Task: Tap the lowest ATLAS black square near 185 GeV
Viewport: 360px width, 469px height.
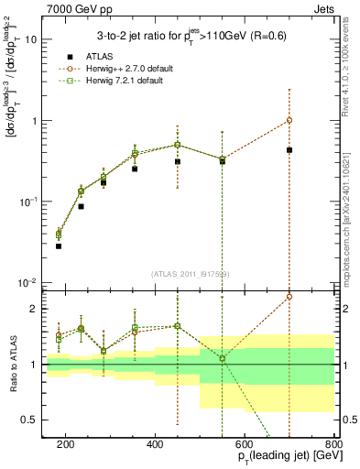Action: (x=59, y=246)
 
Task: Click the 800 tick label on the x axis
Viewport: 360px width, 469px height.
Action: (x=334, y=443)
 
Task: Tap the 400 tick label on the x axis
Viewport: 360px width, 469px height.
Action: (x=156, y=443)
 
